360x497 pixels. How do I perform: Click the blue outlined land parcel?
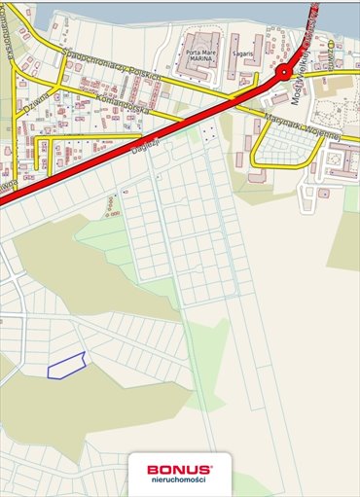pos(66,365)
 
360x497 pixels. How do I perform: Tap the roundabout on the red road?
pos(283,73)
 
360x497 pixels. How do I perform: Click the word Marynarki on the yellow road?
pos(283,121)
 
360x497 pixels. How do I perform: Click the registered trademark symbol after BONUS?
pos(213,465)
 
